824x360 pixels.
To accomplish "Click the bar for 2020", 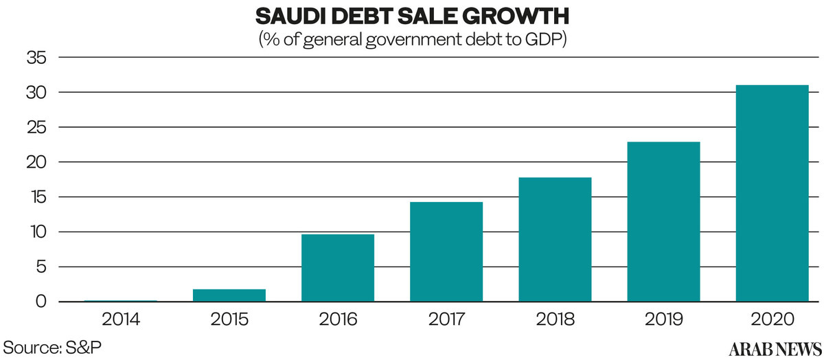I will pos(772,193).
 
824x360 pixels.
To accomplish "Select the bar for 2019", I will pos(663,221).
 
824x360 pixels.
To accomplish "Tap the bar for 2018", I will pos(555,239).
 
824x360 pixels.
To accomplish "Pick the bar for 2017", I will pos(446,251).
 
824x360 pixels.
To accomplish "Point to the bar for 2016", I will pos(338,268).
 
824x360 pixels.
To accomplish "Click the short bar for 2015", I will pos(229,295).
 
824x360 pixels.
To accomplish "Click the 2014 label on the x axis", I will pos(121,319).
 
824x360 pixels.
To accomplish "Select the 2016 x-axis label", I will pos(338,319).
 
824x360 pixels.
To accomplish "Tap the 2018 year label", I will pos(555,319).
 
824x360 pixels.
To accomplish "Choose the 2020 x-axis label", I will pos(772,319).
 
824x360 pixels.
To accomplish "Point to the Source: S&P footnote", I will pos(52,346).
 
